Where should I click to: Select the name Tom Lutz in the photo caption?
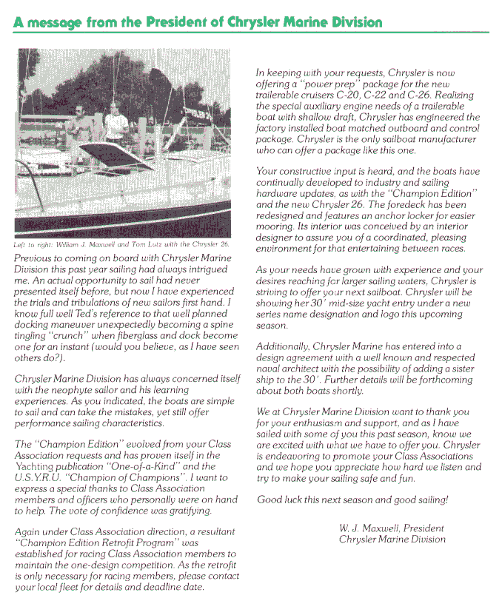coord(142,244)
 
